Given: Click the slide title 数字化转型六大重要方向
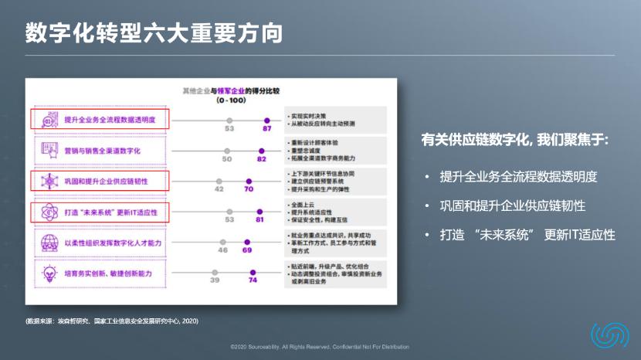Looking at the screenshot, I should (154, 33).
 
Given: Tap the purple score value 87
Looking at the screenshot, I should (267, 129).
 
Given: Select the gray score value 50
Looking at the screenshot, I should (227, 159).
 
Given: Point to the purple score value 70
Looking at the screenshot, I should (249, 188).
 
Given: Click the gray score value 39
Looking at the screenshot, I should (215, 280).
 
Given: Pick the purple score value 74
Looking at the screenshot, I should (253, 280).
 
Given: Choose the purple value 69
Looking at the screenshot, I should (247, 250).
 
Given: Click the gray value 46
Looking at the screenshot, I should (222, 250).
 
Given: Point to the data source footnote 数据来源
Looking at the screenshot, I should (111, 320).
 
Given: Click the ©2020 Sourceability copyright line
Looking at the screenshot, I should (320, 347).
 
